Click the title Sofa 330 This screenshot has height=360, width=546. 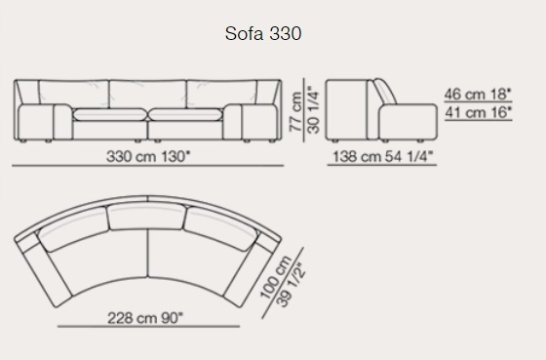click(x=263, y=34)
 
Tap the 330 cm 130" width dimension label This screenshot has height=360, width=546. click(x=149, y=156)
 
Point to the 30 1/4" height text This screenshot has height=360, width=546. click(x=313, y=110)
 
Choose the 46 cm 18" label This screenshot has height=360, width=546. click(x=478, y=94)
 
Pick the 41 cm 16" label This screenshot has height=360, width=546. click(x=478, y=112)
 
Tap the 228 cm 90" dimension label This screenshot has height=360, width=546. click(x=145, y=318)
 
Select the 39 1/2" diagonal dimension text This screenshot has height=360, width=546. click(x=291, y=284)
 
